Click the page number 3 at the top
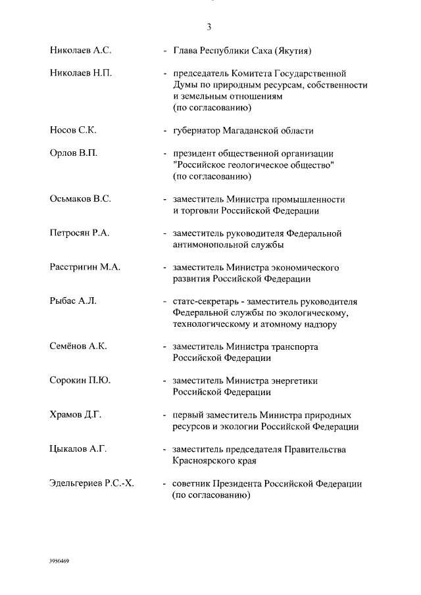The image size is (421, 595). pos(209,27)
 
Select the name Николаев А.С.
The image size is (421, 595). pos(80,50)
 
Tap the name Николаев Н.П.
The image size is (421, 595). pos(81,73)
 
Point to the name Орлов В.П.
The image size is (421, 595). pos(73,153)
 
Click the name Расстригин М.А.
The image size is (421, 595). pos(85,268)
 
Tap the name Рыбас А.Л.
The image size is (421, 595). pos(73,302)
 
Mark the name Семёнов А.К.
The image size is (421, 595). pos(78,347)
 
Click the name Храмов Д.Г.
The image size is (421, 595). pos(76,416)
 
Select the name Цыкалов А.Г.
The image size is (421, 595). pos(78,450)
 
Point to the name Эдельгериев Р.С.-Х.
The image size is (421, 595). pos(91,484)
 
